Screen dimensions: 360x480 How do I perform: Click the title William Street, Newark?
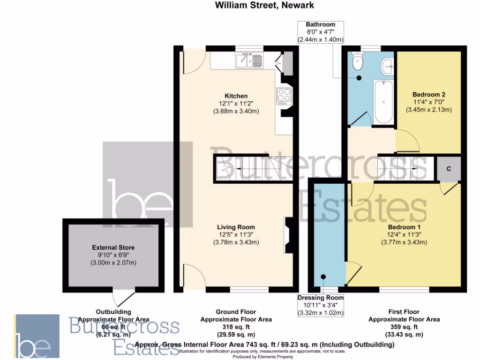pyautogui.click(x=265, y=6)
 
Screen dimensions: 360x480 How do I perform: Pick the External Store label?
pyautogui.click(x=113, y=247)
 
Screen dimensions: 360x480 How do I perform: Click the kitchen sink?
pyautogui.click(x=251, y=60)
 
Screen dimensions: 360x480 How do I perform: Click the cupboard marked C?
pyautogui.click(x=449, y=169)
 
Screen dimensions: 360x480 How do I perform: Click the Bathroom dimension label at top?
pyautogui.click(x=321, y=32)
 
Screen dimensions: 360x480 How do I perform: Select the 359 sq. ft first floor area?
pyautogui.click(x=404, y=327)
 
